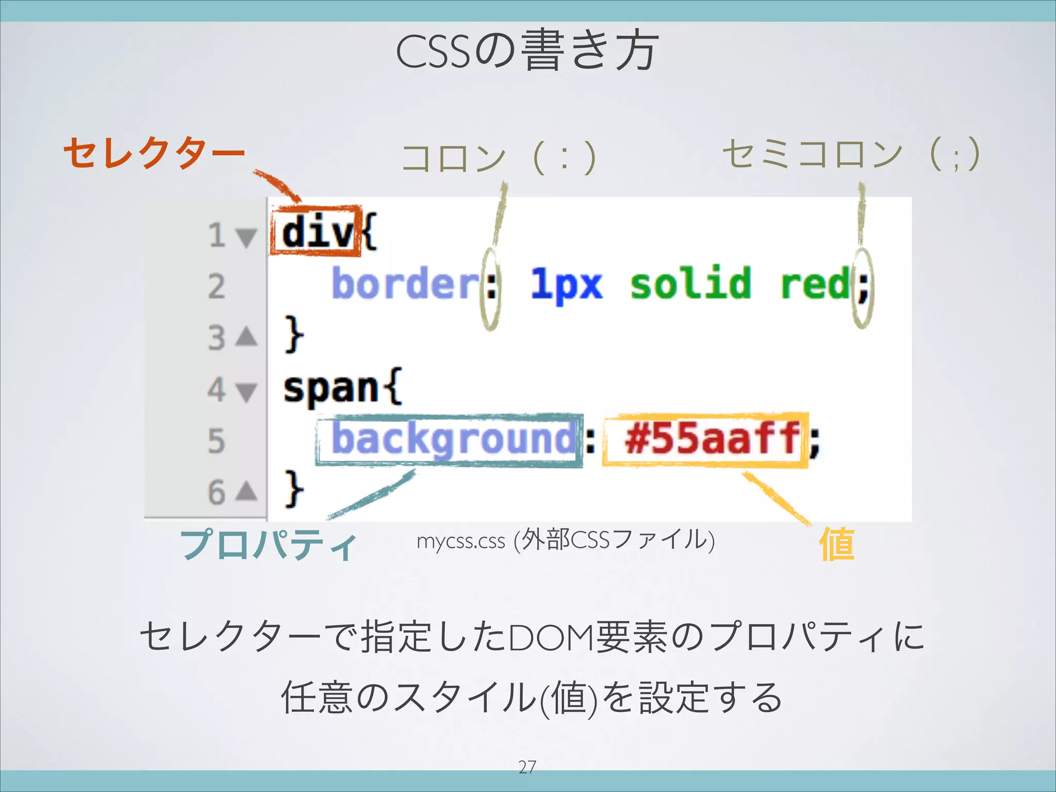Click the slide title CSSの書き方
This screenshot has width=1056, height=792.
click(527, 52)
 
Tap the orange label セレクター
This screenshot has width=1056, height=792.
click(154, 153)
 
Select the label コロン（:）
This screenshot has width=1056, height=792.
click(499, 158)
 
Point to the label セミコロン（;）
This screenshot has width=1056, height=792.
click(851, 154)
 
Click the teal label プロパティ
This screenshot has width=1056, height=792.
click(268, 545)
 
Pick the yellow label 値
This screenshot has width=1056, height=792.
click(837, 544)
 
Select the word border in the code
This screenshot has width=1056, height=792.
click(405, 284)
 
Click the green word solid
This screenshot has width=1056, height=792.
click(690, 284)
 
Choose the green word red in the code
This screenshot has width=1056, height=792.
click(815, 284)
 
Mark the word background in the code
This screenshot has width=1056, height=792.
click(453, 439)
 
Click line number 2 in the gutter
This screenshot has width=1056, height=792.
click(217, 286)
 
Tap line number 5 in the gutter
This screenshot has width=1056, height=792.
click(217, 441)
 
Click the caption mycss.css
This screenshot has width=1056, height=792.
click(460, 541)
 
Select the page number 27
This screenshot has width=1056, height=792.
click(527, 767)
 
